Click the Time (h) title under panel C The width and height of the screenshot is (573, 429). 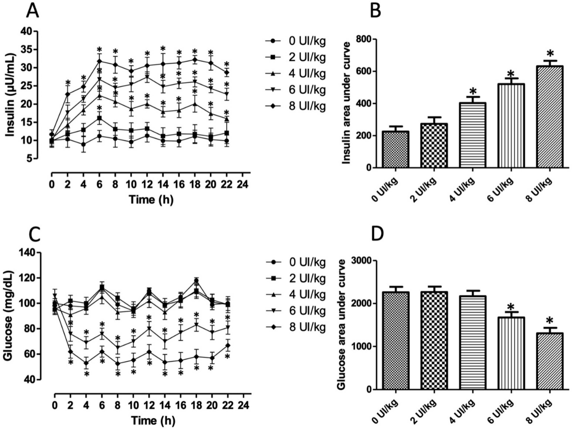click(x=153, y=421)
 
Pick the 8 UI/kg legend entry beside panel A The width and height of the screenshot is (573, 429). click(x=295, y=107)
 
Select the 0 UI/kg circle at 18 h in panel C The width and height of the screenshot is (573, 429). click(x=196, y=281)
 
